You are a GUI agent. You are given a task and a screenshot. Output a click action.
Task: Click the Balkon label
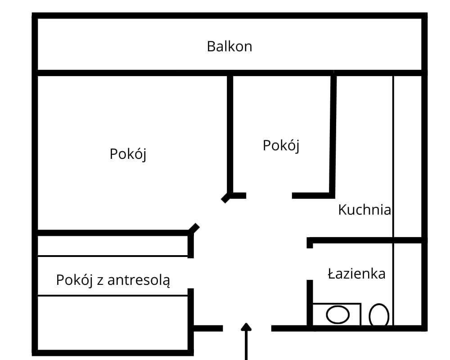click(x=229, y=46)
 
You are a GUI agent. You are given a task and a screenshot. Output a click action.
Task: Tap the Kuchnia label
click(x=364, y=210)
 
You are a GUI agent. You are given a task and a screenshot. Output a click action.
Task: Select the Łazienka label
click(x=356, y=274)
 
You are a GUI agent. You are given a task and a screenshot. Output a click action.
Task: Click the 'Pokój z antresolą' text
click(x=113, y=280)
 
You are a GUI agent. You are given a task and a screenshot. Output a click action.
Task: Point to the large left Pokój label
click(x=128, y=154)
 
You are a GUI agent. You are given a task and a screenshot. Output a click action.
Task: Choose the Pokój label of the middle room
click(x=281, y=146)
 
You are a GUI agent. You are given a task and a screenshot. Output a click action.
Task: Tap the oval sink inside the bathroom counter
click(x=337, y=314)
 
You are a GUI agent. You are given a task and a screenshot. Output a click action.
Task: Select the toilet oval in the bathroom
click(x=379, y=315)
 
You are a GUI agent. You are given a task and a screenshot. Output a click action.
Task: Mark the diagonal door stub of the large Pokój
click(x=194, y=228)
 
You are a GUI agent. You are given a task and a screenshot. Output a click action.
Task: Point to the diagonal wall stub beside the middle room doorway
click(x=225, y=198)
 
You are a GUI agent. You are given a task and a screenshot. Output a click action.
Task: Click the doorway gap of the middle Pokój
click(x=269, y=195)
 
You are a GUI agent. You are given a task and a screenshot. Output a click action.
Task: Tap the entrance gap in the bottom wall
click(x=247, y=328)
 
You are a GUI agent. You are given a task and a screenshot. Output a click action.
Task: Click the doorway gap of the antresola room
click(x=190, y=273)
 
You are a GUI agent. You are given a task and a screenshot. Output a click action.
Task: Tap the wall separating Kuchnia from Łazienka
click(x=367, y=240)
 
